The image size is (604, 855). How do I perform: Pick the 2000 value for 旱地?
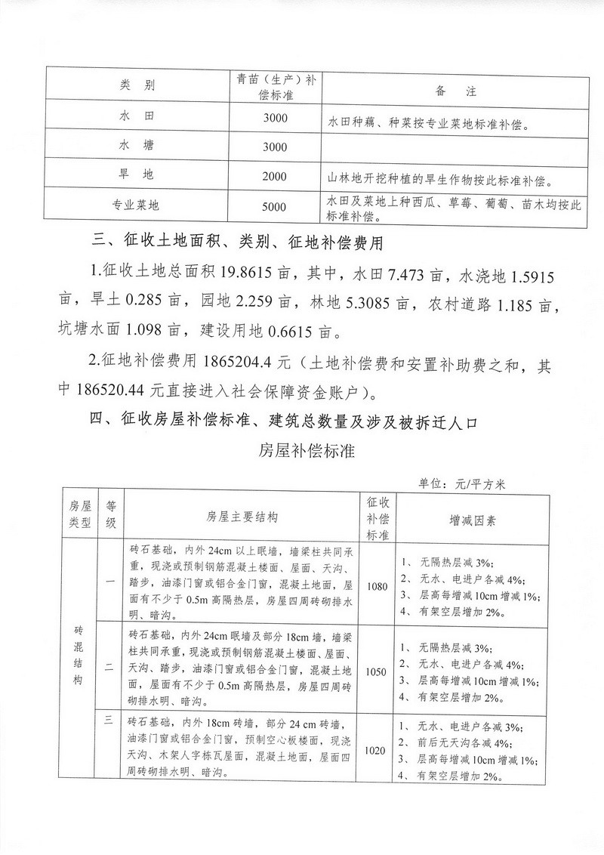pyautogui.click(x=276, y=176)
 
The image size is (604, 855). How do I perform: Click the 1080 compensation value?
pyautogui.click(x=375, y=585)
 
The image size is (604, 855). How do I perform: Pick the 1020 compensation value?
pyautogui.click(x=375, y=751)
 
